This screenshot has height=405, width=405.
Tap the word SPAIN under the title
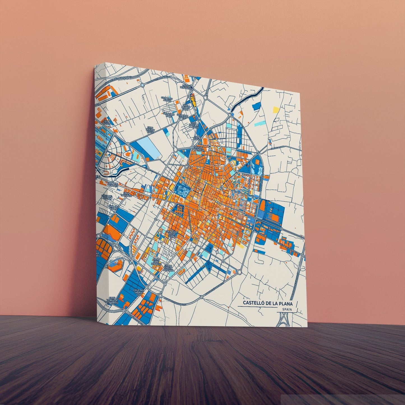pos(287,309)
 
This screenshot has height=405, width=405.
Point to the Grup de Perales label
pos(112,184)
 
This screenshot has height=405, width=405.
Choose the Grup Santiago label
pos(126,195)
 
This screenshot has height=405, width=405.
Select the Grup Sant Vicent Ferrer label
pos(172,234)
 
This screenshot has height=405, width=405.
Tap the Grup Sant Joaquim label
pos(156,262)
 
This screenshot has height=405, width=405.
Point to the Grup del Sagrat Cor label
pos(139,293)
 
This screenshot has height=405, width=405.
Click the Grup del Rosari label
pos(107,197)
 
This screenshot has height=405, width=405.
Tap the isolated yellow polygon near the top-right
pos(276,109)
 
